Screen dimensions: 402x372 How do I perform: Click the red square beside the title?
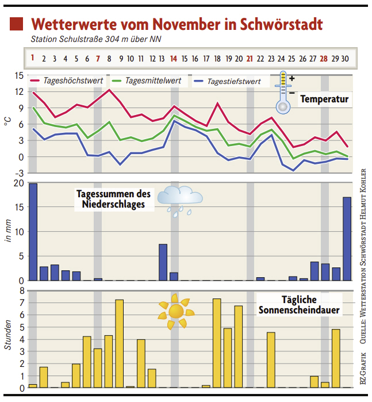click(x=17, y=24)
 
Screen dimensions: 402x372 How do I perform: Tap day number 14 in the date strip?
click(x=174, y=58)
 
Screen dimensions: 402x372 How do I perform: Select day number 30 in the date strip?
click(x=345, y=58)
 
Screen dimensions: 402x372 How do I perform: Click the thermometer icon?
click(x=283, y=92)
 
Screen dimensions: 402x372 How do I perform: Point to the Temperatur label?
click(x=324, y=99)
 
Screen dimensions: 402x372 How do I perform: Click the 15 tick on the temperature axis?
click(x=19, y=75)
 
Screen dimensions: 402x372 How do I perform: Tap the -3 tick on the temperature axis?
click(x=19, y=173)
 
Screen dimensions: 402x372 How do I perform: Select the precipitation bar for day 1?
click(x=33, y=232)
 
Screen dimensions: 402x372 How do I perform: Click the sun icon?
click(x=175, y=312)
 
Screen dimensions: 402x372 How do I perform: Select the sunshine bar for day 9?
click(x=120, y=343)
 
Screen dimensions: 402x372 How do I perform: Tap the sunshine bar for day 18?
click(x=217, y=343)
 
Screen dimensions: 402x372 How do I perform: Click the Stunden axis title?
click(x=8, y=336)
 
